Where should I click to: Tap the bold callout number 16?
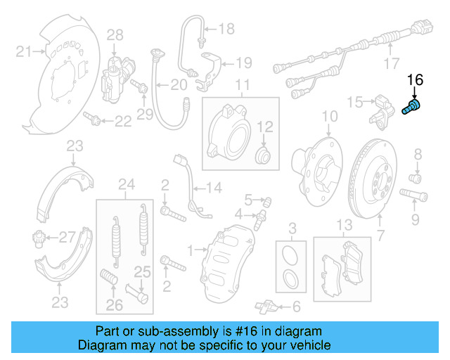(416, 81)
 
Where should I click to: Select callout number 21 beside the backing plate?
(24, 51)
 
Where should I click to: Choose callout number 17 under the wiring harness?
(392, 65)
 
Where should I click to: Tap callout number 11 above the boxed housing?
(243, 86)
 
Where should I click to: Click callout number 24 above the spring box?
(126, 186)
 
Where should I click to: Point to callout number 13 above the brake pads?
(343, 225)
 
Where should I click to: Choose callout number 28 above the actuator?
(115, 34)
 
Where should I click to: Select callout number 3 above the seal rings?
(292, 227)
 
